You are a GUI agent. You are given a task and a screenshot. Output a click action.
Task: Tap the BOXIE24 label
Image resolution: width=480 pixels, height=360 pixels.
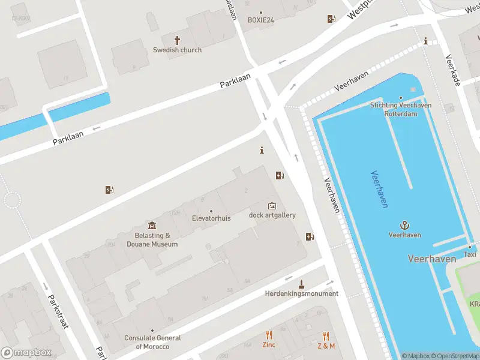coord(260,20)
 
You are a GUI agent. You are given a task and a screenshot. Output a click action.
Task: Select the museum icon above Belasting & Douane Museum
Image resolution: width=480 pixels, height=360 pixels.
coord(152,226)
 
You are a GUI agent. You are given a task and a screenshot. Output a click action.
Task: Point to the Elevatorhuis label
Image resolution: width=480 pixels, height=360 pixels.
coord(211,218)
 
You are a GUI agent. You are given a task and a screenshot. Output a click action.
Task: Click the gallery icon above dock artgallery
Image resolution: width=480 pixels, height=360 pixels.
coord(272,206)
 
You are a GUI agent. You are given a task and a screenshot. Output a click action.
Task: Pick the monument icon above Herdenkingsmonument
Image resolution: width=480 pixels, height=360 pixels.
coord(301,284)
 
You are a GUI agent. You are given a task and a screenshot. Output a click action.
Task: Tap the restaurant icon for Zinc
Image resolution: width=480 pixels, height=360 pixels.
coord(269,335)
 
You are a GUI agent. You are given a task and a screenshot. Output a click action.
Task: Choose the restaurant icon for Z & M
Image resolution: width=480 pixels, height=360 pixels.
coord(326,335)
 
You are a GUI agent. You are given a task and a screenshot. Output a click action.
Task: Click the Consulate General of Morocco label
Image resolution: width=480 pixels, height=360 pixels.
coord(152,343)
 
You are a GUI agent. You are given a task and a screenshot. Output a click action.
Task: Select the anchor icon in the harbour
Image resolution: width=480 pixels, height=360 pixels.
coord(404,225)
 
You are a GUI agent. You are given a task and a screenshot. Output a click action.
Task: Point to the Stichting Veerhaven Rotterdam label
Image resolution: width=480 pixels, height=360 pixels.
coord(401,109)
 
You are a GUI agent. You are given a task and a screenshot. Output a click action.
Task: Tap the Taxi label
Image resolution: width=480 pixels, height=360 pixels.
coord(470,254)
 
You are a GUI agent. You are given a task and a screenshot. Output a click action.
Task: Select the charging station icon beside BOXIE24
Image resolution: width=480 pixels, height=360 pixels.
coord(331,19)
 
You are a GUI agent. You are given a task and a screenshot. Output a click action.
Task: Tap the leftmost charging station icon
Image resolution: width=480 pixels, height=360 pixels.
coord(109,190)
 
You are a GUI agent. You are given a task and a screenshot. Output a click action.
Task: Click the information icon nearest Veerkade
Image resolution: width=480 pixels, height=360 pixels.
coord(426,41)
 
